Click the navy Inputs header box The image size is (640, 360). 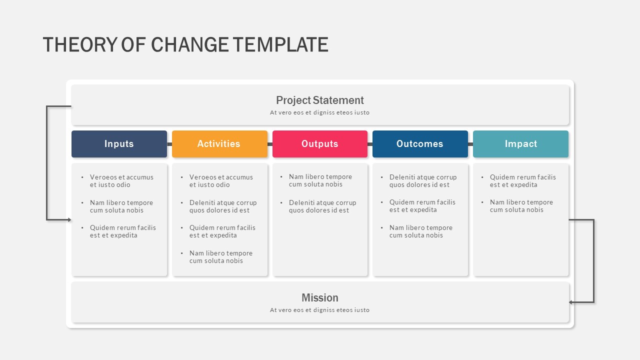[119, 144]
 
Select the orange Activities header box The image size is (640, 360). [219, 144]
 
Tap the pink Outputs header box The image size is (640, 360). [320, 144]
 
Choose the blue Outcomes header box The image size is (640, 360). [420, 144]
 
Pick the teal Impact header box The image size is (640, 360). [521, 144]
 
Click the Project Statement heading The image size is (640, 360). [319, 100]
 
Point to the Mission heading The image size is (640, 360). [320, 297]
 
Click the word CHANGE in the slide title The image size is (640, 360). [189, 45]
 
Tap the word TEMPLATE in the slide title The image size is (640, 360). [280, 45]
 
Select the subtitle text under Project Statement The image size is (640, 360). [319, 112]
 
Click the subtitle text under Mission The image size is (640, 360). [319, 310]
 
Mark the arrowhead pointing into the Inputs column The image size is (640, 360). [69, 219]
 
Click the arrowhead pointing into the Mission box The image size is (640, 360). [570, 302]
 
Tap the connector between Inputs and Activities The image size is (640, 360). [169, 144]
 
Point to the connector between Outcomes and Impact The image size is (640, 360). [470, 144]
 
